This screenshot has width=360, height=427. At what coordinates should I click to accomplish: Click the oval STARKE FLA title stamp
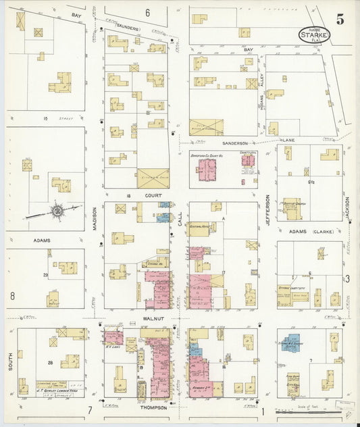click(x=315, y=34)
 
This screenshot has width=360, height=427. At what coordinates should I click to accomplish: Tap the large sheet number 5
click(x=340, y=20)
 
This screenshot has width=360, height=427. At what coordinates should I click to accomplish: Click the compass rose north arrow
click(x=57, y=211)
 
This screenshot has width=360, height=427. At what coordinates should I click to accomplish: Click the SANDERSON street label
click(x=232, y=143)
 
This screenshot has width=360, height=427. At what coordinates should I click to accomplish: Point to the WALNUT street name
click(x=154, y=316)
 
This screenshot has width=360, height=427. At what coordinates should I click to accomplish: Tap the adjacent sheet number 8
click(x=12, y=295)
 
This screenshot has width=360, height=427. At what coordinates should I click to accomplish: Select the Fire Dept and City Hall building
click(x=292, y=382)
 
